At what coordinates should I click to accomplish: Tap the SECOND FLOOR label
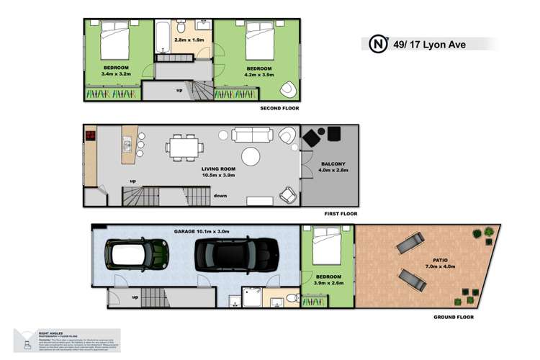point(279,108)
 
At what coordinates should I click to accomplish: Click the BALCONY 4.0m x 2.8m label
point(333,168)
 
